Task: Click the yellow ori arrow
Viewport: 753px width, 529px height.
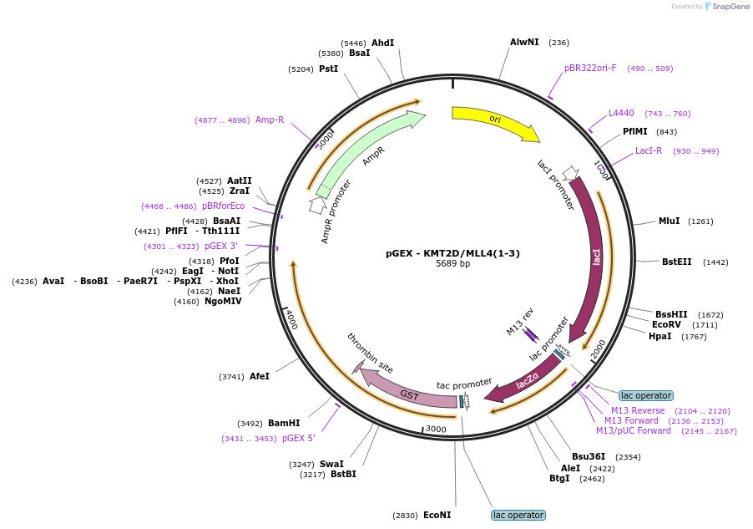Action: pos(495,120)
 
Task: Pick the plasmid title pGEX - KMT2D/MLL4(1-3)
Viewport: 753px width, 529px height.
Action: pos(452,253)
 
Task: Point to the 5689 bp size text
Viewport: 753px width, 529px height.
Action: pos(452,263)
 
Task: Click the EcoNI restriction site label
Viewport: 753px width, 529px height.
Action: pos(437,515)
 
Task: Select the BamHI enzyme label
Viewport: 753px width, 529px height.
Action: pos(284,423)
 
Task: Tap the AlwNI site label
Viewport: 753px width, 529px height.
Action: pos(524,43)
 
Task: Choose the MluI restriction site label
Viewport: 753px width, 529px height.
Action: pos(669,221)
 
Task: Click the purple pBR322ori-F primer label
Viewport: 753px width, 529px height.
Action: pos(590,69)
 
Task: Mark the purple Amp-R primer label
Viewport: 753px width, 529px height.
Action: pos(270,120)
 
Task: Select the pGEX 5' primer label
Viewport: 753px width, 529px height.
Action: pos(299,438)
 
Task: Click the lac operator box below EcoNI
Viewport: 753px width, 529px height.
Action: pos(518,515)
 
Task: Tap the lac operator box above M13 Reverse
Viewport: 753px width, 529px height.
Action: pos(646,395)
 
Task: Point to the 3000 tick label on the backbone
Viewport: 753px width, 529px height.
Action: pos(436,429)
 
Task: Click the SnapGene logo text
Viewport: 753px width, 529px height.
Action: pos(730,6)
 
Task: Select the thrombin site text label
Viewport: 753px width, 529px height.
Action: pos(370,353)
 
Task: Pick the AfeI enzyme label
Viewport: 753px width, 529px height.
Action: pos(260,377)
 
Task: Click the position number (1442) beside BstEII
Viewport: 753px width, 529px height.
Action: pos(715,262)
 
